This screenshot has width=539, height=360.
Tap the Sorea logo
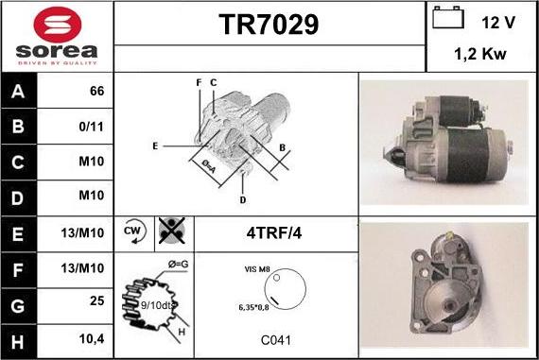[x=57, y=37]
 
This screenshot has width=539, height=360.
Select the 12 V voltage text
[x=497, y=21]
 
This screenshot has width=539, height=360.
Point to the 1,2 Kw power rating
[x=481, y=55]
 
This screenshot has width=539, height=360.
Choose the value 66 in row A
[x=96, y=92]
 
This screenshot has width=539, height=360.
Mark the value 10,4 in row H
[x=92, y=338]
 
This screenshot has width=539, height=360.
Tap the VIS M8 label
[x=257, y=269]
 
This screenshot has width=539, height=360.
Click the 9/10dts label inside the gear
[x=155, y=304]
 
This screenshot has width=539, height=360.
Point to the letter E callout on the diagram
[x=154, y=146]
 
